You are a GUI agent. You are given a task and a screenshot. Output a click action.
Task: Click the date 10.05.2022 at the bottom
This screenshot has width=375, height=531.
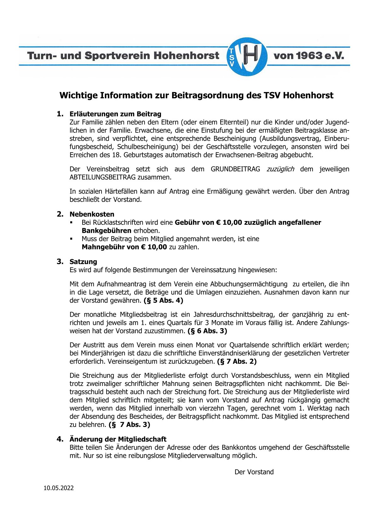click(59, 488)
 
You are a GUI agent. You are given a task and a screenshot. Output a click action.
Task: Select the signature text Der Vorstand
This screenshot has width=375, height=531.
click(254, 472)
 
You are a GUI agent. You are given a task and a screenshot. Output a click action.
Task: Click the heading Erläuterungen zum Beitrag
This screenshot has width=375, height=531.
click(115, 114)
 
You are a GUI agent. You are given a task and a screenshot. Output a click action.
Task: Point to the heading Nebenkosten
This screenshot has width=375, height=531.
click(92, 214)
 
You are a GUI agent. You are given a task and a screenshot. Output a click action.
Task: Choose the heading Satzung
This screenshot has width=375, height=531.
click(83, 262)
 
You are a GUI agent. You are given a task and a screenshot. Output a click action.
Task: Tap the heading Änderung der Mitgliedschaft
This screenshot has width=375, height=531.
click(118, 439)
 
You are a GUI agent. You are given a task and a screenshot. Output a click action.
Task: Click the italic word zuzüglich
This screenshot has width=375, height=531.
click(280, 169)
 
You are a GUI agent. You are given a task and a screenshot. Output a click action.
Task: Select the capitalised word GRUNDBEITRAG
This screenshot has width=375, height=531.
click(235, 169)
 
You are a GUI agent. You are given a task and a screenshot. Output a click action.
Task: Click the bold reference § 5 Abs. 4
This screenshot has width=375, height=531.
click(163, 301)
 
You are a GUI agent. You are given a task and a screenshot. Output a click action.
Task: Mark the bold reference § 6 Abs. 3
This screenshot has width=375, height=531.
click(207, 331)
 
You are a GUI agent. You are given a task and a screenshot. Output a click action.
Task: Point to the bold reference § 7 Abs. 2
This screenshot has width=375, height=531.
click(237, 362)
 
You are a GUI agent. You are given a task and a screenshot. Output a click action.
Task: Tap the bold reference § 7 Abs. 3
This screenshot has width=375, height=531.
click(130, 425)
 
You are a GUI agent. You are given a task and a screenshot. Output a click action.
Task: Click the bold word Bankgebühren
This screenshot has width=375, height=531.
click(107, 230)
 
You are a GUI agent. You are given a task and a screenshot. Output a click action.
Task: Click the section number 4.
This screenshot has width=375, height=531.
click(60, 439)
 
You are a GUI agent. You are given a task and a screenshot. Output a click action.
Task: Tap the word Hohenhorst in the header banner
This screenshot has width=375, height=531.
click(182, 56)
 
